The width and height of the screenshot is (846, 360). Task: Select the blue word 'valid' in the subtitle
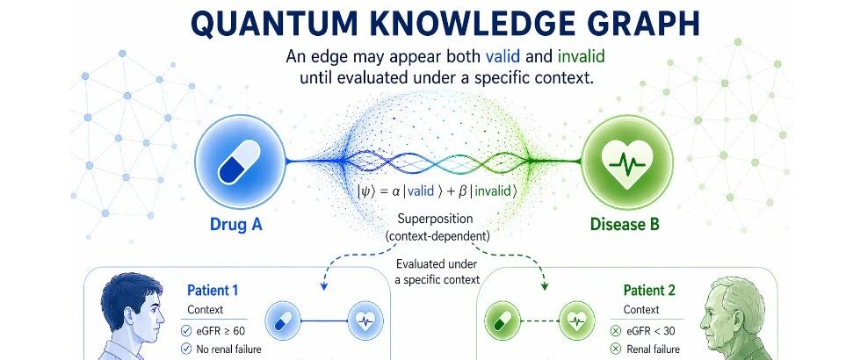click(503, 56)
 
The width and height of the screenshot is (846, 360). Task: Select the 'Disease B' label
click(625, 223)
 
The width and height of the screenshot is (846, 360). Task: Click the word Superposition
click(435, 220)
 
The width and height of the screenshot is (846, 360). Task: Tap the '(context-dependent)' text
click(437, 235)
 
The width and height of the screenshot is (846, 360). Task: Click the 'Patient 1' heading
click(213, 291)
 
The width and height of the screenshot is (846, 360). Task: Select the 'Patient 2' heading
click(649, 291)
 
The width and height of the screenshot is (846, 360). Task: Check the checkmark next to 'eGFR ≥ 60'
click(186, 330)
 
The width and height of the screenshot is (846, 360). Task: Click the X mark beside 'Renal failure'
click(615, 349)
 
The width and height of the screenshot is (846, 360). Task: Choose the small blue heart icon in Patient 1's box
click(365, 321)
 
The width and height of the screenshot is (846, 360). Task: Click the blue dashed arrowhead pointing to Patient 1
click(323, 286)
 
